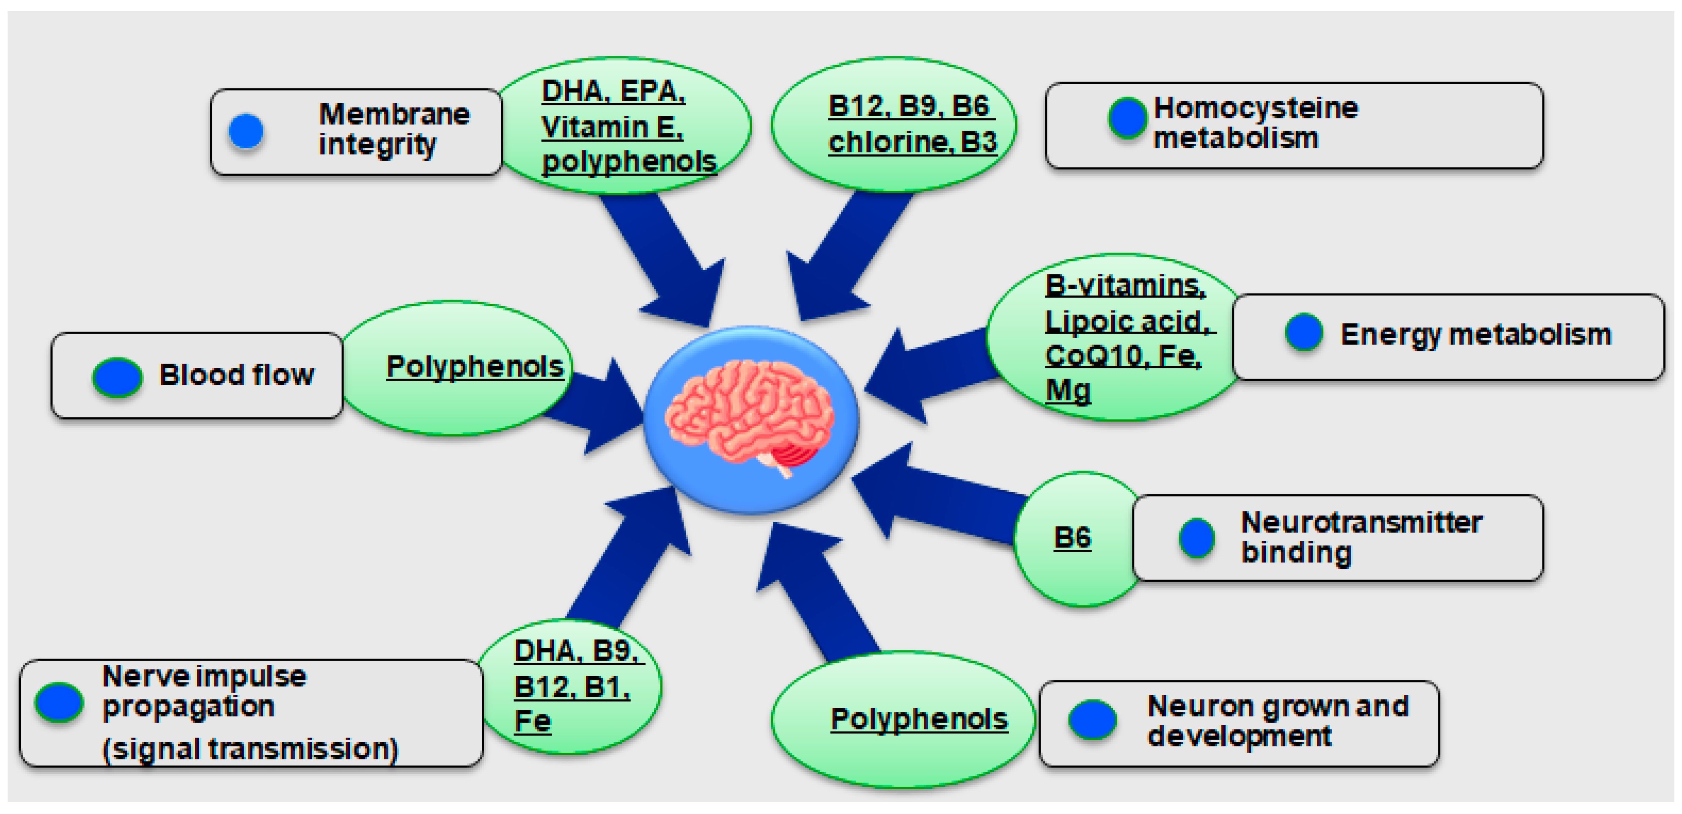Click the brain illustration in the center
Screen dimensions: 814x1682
pos(750,418)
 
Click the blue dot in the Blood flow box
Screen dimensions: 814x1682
pos(117,377)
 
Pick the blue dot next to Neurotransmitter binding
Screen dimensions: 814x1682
pos(1196,538)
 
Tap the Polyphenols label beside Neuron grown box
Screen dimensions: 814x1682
pos(919,719)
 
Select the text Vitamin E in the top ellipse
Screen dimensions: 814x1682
pos(612,126)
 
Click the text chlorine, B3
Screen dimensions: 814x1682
pos(912,142)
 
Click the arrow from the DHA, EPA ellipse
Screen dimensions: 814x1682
pos(666,261)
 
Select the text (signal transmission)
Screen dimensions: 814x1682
pos(250,749)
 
